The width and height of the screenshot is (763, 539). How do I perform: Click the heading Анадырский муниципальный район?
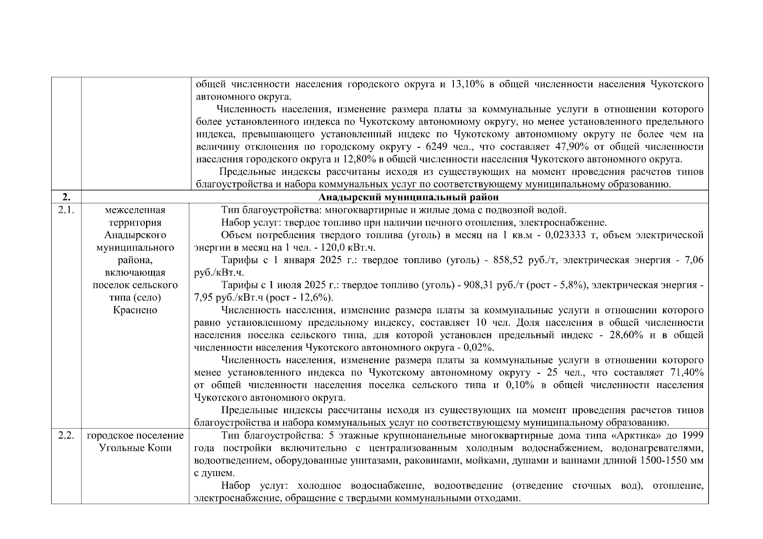408,198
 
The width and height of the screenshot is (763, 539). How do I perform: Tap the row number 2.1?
66,210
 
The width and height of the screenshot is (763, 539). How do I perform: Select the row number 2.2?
66,435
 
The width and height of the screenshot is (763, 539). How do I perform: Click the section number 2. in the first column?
66,198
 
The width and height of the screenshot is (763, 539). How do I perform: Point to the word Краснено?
135,310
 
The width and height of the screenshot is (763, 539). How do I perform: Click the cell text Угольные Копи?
135,448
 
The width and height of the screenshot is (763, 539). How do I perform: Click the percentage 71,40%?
687,373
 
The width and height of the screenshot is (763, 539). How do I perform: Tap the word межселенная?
135,210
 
